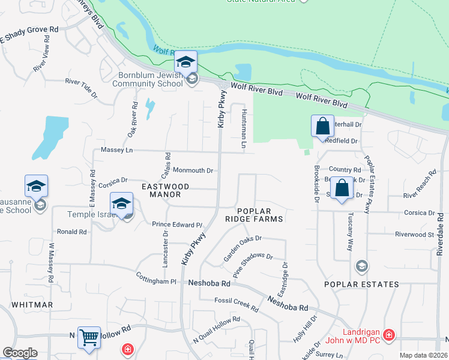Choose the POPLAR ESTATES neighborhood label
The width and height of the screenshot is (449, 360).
(361, 284)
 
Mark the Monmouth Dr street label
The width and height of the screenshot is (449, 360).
(193, 170)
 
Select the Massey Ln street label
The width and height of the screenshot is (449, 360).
(116, 149)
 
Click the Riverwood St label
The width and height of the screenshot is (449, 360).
(414, 234)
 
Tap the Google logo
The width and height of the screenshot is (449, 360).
(20, 353)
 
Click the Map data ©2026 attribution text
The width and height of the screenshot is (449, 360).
(424, 356)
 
